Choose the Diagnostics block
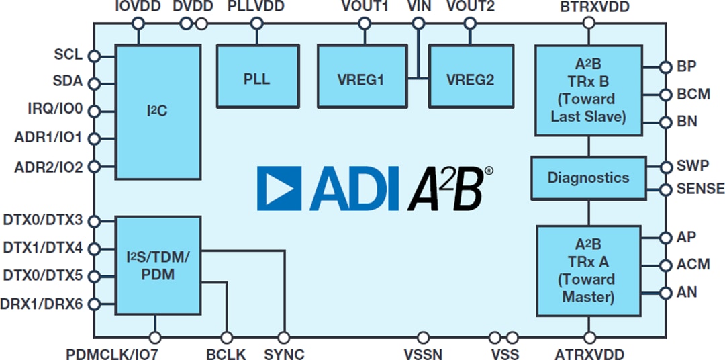[x=588, y=178]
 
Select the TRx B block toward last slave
[x=588, y=90]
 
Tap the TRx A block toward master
[x=588, y=270]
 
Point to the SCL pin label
[x=68, y=55]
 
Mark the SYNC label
[x=284, y=353]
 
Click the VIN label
[x=419, y=7]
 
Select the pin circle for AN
[x=665, y=293]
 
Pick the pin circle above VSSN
[x=424, y=337]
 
